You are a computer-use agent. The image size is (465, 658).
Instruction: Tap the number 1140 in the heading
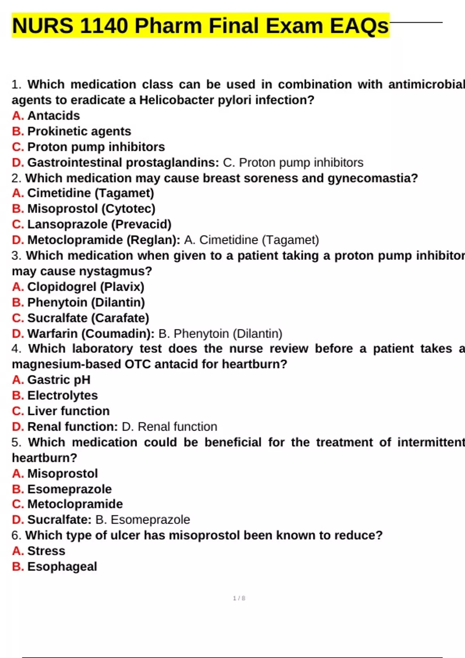[104, 26]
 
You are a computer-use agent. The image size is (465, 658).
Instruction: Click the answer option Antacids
[53, 115]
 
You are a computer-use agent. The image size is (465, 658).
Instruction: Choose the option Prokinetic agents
[79, 131]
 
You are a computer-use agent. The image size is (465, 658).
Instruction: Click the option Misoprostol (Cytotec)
[91, 209]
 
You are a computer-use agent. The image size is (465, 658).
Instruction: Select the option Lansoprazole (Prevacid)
[99, 224]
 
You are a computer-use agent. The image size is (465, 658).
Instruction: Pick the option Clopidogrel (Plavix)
[86, 287]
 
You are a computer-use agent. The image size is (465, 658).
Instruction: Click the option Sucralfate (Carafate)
[88, 318]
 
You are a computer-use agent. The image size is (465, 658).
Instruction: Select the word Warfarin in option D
[52, 334]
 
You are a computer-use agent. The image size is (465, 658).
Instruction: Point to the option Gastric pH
[59, 380]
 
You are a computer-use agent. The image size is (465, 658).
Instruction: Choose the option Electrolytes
[62, 395]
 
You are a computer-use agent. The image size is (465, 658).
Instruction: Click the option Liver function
[68, 411]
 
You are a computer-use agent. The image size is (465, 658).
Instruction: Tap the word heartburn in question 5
[44, 458]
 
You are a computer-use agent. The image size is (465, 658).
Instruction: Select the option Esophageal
[62, 567]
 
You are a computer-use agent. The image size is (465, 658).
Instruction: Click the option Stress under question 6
[46, 551]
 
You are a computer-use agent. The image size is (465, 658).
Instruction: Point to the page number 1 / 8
[239, 598]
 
